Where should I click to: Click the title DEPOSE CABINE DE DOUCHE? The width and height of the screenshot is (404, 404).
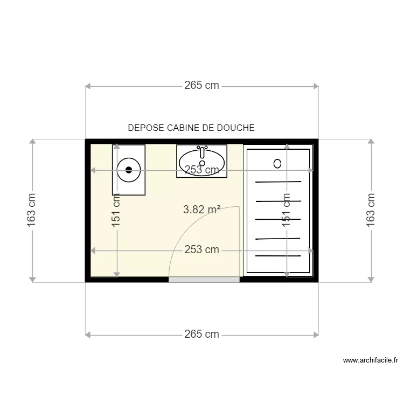191,128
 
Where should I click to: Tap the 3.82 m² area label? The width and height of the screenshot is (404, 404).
201,210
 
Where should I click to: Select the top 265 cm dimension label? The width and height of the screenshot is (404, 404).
201,86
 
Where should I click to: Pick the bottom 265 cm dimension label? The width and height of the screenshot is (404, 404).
201,335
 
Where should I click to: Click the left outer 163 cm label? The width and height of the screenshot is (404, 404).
32,210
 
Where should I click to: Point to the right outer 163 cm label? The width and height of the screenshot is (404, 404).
371,210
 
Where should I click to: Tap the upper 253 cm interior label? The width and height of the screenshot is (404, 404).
201,170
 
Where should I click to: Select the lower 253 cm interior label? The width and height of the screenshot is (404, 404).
201,250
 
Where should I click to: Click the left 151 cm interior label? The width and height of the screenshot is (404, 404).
116,210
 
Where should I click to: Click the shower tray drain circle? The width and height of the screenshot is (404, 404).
278,163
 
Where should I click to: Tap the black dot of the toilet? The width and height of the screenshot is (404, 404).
128,170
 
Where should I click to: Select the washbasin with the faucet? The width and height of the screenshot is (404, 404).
202,161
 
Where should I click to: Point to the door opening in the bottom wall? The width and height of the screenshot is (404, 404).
204,279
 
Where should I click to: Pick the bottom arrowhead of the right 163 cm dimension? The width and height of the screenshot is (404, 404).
371,278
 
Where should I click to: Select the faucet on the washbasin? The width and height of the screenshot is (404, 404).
202,148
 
